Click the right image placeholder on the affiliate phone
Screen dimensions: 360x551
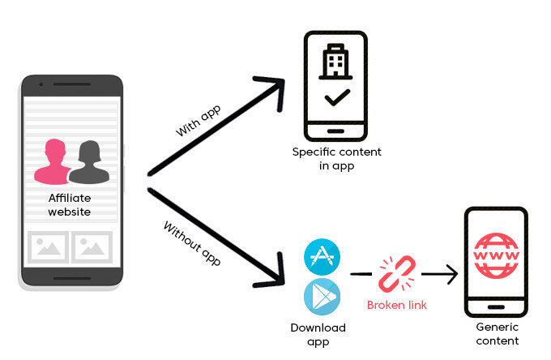coord(92,246)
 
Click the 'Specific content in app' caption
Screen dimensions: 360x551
coord(337,159)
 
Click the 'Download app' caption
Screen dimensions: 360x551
coord(318,334)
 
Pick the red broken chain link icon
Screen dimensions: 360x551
coord(397,274)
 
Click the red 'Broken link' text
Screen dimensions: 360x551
coord(397,305)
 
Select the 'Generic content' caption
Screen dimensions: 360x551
coord(496,334)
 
